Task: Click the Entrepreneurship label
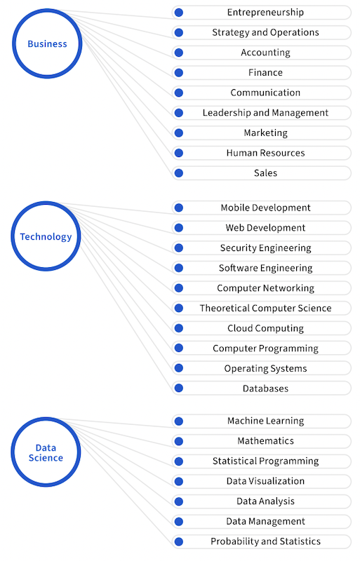(265, 13)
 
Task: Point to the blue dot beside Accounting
(179, 53)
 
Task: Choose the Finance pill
(262, 73)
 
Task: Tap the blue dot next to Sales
(179, 173)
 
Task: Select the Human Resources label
(265, 153)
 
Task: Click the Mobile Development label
(265, 208)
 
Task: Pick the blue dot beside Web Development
(179, 228)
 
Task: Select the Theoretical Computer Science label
(265, 309)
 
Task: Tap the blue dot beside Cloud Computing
(179, 328)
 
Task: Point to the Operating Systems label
(265, 369)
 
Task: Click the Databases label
(265, 388)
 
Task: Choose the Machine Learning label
(265, 421)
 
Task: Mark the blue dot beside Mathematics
(179, 442)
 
